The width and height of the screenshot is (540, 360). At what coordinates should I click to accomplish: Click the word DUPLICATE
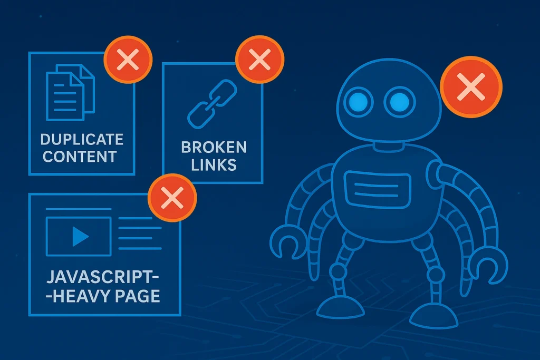82,140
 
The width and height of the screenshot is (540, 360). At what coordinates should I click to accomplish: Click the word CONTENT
80,157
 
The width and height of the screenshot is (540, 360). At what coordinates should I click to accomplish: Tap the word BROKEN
214,147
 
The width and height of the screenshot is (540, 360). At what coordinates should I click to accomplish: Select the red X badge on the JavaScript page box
172,199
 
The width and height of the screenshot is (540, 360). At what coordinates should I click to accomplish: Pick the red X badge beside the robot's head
471,87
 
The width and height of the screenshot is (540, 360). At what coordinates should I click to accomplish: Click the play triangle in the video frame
80,236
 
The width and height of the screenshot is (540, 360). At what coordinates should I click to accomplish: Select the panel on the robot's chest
377,187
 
